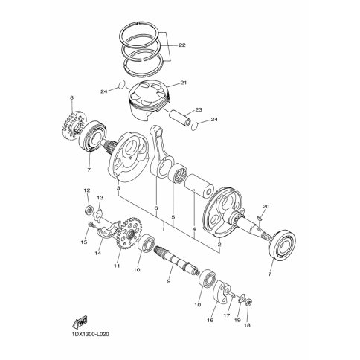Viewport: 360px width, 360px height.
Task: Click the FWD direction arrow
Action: click(x=80, y=322)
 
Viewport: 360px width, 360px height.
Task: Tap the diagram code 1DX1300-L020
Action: click(x=91, y=335)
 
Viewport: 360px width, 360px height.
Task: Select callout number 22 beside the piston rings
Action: click(x=182, y=45)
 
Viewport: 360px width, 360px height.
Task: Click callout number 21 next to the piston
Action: click(x=184, y=83)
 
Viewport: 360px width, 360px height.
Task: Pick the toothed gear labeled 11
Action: click(x=129, y=234)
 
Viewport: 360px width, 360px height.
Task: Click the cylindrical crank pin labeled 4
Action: click(x=199, y=186)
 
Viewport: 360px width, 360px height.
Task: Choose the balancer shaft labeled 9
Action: click(x=177, y=260)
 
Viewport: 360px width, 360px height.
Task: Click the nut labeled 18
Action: click(x=250, y=302)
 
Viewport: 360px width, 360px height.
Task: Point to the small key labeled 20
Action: click(x=259, y=218)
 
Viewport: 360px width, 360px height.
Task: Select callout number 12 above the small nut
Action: click(x=87, y=190)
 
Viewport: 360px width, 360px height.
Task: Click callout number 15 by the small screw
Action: click(x=84, y=242)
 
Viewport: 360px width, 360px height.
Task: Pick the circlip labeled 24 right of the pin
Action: click(x=196, y=126)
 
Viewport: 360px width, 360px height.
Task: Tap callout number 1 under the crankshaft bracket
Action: click(x=164, y=229)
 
